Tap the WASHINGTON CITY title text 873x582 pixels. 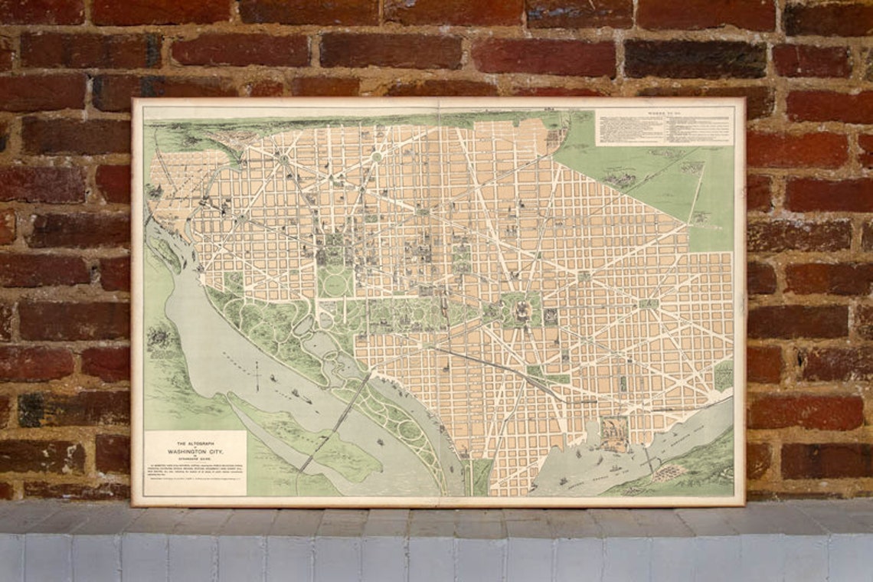tap(195, 453)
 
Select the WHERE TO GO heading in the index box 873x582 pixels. tap(665, 113)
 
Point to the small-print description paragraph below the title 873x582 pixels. tap(195, 474)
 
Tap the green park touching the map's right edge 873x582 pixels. tap(723, 375)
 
